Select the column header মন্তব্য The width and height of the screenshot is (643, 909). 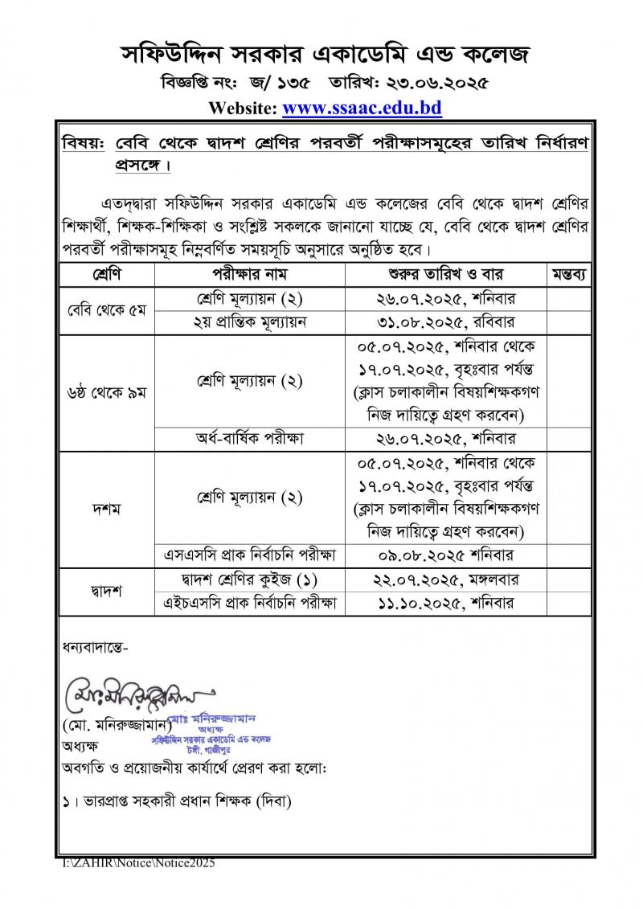pyautogui.click(x=569, y=274)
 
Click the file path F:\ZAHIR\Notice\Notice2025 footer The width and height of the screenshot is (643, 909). pyautogui.click(x=140, y=862)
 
